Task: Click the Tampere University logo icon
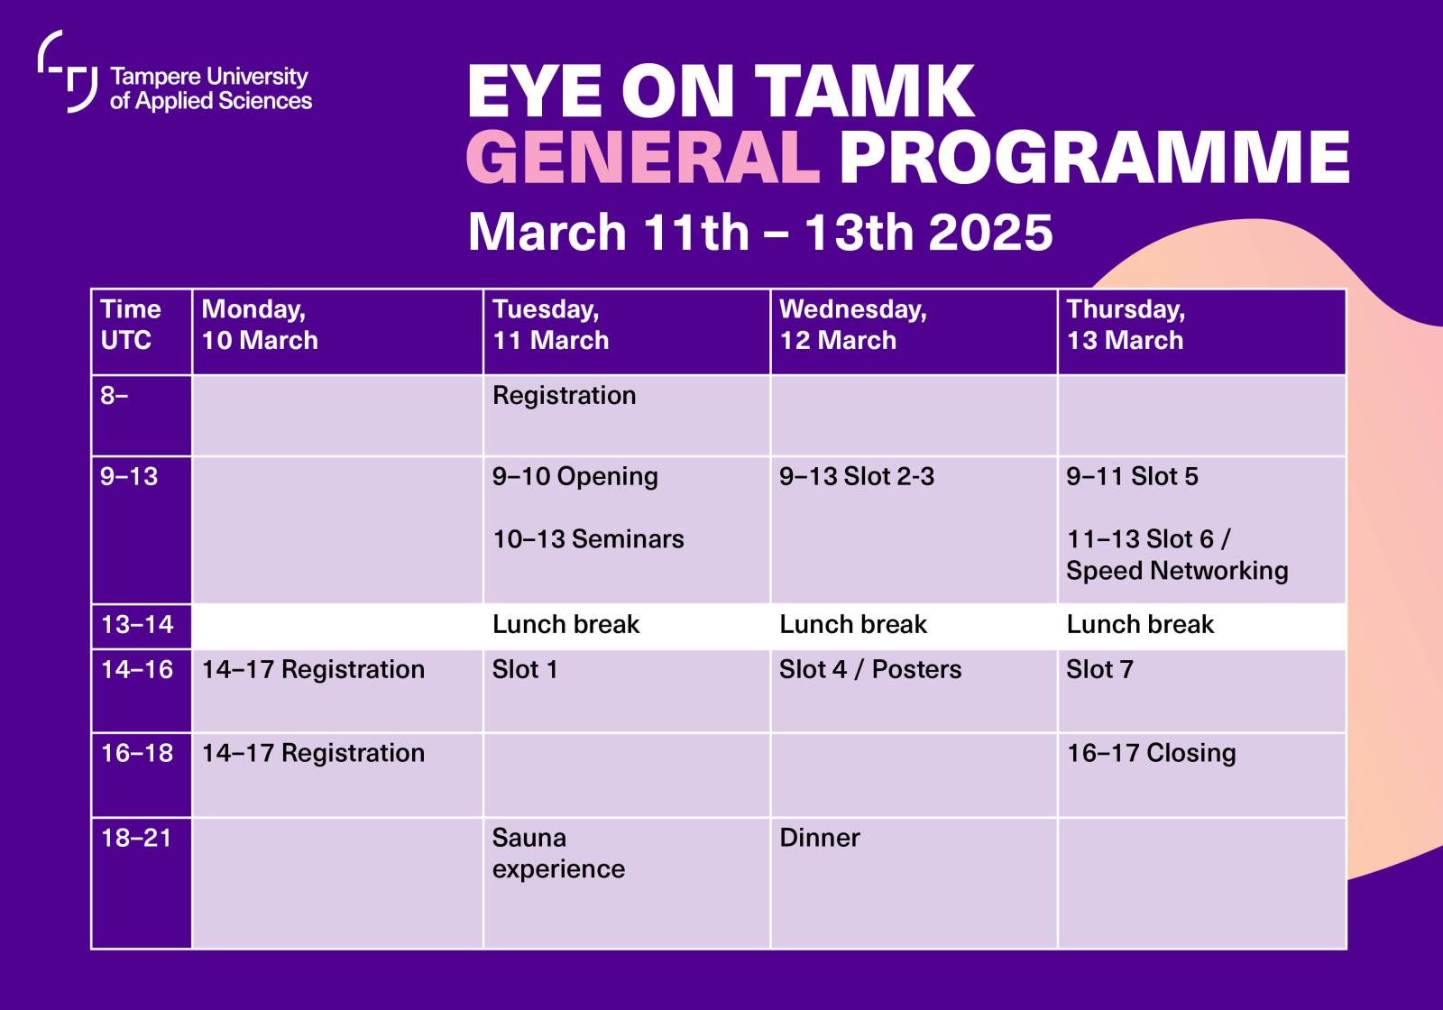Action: pyautogui.click(x=68, y=72)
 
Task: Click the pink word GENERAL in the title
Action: pyautogui.click(x=643, y=157)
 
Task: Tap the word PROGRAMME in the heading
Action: pyautogui.click(x=1094, y=157)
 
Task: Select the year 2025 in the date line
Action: pyautogui.click(x=990, y=233)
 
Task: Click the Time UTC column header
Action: pyautogui.click(x=131, y=326)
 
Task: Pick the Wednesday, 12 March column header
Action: pyautogui.click(x=852, y=326)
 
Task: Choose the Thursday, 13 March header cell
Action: pyautogui.click(x=1126, y=326)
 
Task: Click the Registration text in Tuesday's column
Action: pyautogui.click(x=564, y=396)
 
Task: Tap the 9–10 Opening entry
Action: pyautogui.click(x=574, y=477)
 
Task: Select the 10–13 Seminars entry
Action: pyautogui.click(x=588, y=539)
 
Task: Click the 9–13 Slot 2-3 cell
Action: pyautogui.click(x=856, y=477)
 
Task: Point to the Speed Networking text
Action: pyautogui.click(x=1176, y=571)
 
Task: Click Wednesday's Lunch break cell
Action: pyautogui.click(x=852, y=625)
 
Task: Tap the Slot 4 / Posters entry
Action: pyautogui.click(x=870, y=670)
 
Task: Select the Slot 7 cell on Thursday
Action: pyautogui.click(x=1099, y=670)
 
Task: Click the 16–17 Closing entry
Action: pyautogui.click(x=1151, y=753)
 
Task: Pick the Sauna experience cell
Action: pyautogui.click(x=557, y=853)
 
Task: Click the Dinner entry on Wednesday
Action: pyautogui.click(x=819, y=838)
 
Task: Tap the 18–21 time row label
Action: pyautogui.click(x=136, y=838)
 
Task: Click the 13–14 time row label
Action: pyautogui.click(x=137, y=625)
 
